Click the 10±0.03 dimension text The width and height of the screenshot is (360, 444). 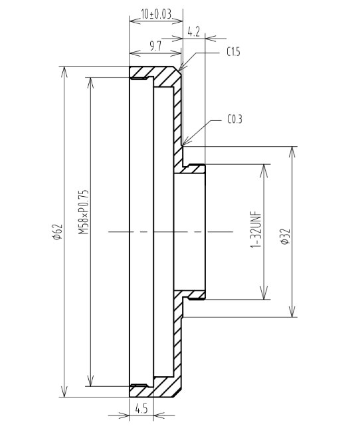click(x=156, y=14)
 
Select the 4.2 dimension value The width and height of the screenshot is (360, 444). click(x=193, y=32)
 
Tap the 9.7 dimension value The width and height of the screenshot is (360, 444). click(x=155, y=46)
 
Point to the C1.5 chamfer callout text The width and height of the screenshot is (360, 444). click(x=233, y=52)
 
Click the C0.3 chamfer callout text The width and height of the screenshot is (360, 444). click(x=234, y=119)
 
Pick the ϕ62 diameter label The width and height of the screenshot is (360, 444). click(x=57, y=232)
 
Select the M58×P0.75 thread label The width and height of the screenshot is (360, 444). click(x=84, y=212)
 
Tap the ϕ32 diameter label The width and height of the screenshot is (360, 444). click(x=285, y=236)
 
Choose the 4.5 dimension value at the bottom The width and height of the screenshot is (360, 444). click(x=141, y=409)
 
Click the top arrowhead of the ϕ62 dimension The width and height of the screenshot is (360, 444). click(x=64, y=72)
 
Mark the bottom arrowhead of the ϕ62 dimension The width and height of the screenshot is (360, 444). click(x=64, y=391)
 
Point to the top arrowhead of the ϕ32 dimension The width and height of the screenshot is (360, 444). click(x=292, y=152)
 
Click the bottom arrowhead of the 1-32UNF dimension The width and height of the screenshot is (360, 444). click(x=264, y=294)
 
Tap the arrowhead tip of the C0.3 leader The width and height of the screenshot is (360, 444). click(x=183, y=146)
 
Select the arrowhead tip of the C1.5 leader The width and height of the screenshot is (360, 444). click(x=178, y=70)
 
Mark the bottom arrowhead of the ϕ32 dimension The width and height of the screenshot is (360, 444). click(x=292, y=312)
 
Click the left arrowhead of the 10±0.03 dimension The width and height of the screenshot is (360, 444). click(x=135, y=21)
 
